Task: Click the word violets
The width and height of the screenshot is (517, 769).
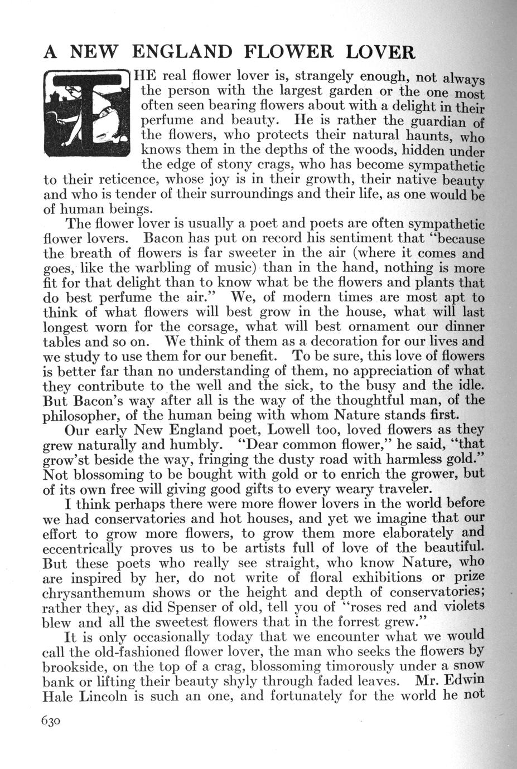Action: pos(462,606)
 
